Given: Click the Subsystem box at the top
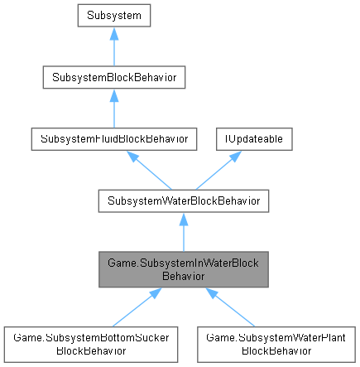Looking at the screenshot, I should (113, 16).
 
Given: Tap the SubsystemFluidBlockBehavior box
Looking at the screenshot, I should (113, 139).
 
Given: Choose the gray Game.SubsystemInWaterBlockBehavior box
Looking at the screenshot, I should (184, 269).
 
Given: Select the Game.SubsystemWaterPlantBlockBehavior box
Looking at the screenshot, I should (277, 344).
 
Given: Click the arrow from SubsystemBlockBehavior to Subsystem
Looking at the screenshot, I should (113, 46).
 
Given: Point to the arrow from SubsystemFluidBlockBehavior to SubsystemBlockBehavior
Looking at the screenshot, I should (113, 109).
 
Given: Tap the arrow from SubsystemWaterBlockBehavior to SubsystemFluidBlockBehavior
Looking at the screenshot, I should (147, 170).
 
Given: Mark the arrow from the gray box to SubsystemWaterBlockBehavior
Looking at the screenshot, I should (184, 233).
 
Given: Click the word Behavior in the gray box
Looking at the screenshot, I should (184, 276).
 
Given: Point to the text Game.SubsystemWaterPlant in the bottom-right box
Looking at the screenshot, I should (277, 338).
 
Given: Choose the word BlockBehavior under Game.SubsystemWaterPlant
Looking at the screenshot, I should (277, 350).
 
